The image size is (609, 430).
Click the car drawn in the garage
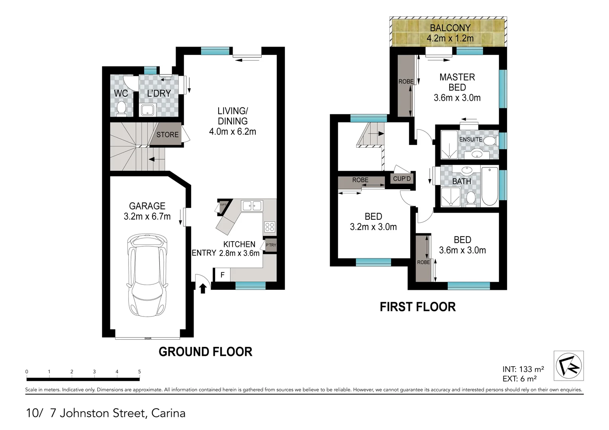tap(147, 275)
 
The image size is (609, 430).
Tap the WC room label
tap(121, 93)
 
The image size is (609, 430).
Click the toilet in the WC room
tap(121, 108)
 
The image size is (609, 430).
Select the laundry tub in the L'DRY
tap(148, 110)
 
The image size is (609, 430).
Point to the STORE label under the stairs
tap(167, 135)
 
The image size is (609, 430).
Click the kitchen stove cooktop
tap(270, 227)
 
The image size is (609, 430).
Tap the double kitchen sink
tap(252, 205)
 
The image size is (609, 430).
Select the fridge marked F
tap(222, 275)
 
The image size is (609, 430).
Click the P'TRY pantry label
tap(271, 245)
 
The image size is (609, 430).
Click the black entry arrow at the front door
tap(203, 288)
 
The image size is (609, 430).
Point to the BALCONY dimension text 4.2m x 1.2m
tap(450, 39)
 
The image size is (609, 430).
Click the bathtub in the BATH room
tap(490, 186)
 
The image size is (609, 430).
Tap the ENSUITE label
tap(470, 139)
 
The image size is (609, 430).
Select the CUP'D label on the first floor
tap(401, 179)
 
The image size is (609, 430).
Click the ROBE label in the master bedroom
tap(406, 82)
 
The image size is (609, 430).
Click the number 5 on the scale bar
tap(139, 371)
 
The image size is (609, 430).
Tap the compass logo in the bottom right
tap(568, 365)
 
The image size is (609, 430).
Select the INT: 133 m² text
tap(523, 369)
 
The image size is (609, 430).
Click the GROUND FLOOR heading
tap(205, 352)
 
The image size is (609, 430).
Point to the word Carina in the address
tap(168, 413)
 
